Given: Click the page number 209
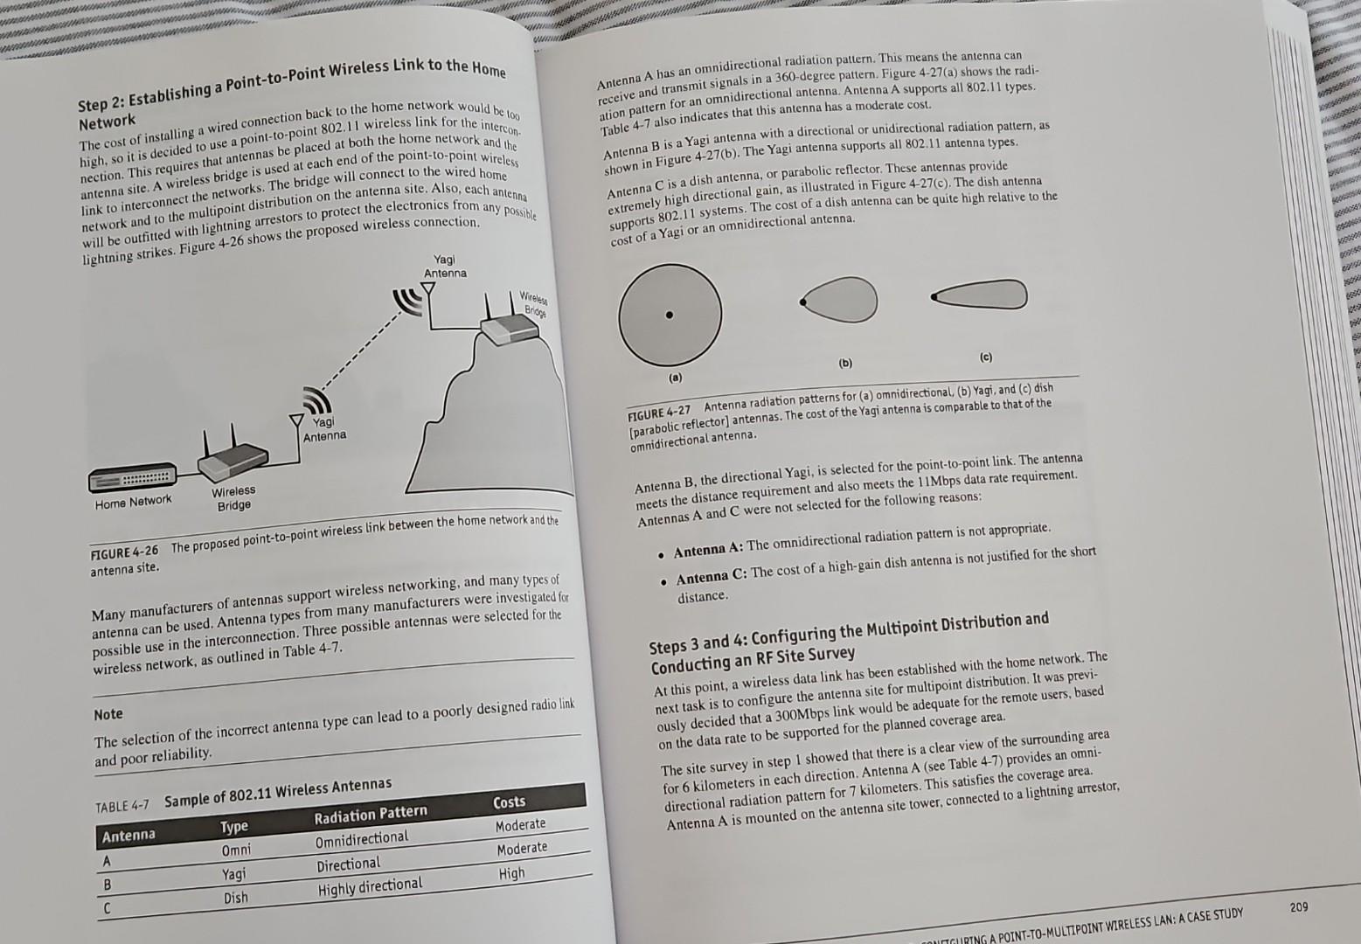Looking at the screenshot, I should click(x=1299, y=907).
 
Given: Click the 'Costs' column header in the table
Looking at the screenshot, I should click(x=510, y=802).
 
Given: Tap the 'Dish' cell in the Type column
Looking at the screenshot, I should click(x=235, y=898).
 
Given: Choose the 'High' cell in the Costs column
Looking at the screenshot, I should click(x=511, y=873).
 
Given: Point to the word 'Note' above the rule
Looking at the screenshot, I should click(x=108, y=714).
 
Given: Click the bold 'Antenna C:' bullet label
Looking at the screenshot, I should click(x=712, y=578).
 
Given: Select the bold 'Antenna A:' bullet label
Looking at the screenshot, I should click(x=708, y=551).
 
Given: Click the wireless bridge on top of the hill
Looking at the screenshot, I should click(x=507, y=328).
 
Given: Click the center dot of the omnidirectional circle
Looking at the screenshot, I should click(x=670, y=315).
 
